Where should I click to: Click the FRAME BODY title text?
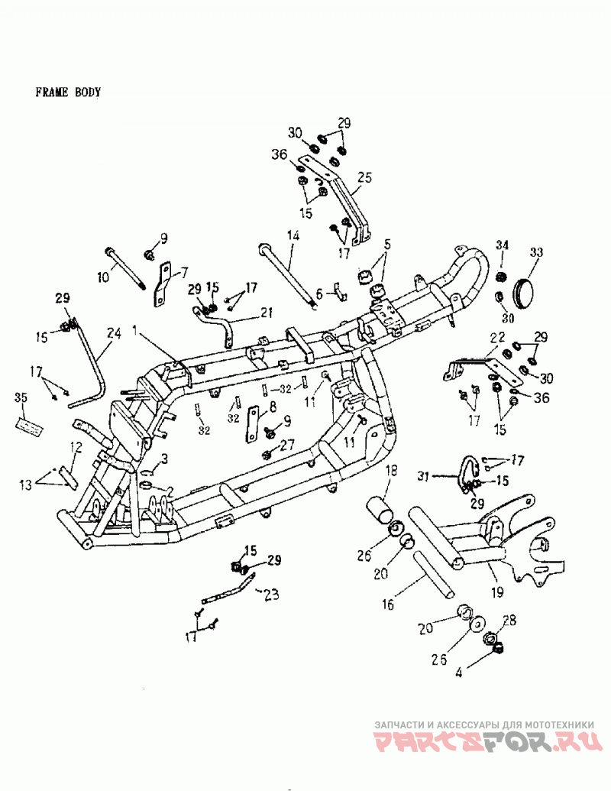pos(68,92)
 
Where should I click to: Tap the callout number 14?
pos(293,235)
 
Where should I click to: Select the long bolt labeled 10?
pos(125,268)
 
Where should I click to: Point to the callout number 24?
pos(114,333)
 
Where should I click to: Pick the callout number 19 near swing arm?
pos(497,592)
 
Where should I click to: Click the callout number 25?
pos(364,177)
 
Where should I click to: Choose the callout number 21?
pos(267,314)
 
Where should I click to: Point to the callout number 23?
pos(271,595)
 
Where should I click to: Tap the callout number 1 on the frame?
pos(135,330)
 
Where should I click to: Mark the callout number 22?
pos(497,338)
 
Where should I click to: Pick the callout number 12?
pos(76,447)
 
